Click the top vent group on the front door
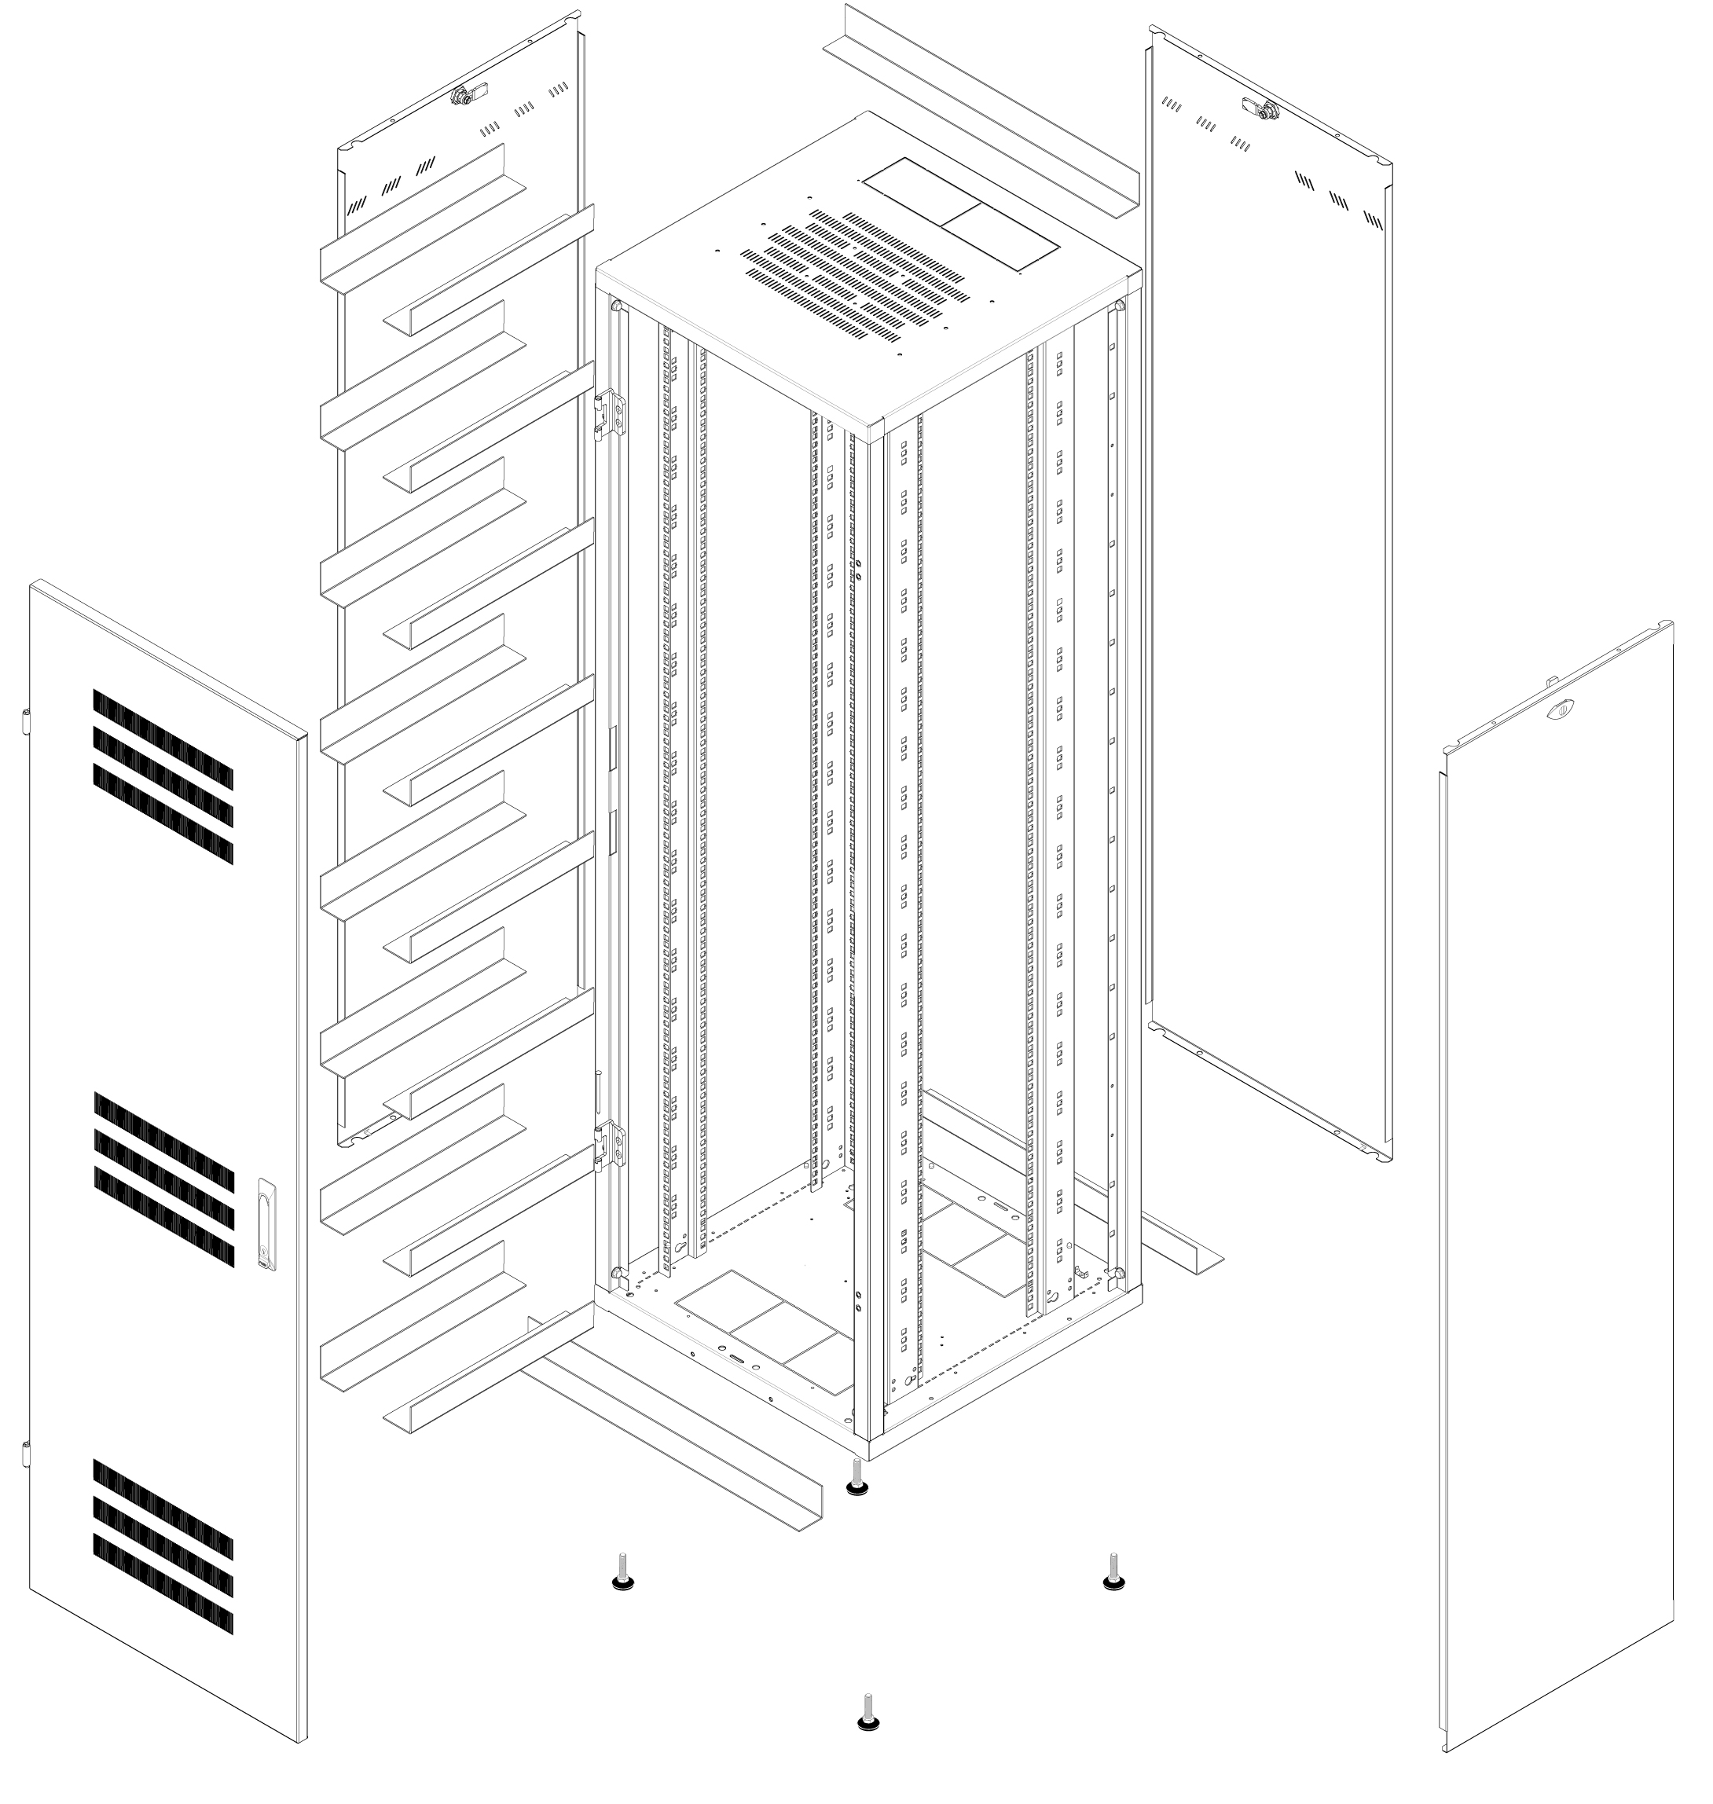(x=163, y=777)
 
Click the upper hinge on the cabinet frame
(x=611, y=416)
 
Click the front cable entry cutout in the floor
(x=765, y=1334)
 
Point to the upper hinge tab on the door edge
(x=24, y=720)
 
